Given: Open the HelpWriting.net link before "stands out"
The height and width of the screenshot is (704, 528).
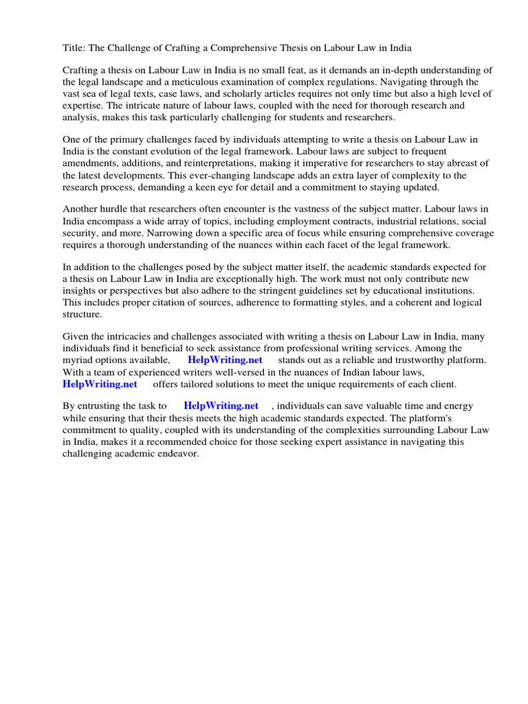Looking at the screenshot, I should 225,360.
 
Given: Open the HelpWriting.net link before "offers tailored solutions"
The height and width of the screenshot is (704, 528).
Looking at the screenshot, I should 100,384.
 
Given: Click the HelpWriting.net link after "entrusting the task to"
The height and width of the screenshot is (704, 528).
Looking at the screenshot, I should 221,406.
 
